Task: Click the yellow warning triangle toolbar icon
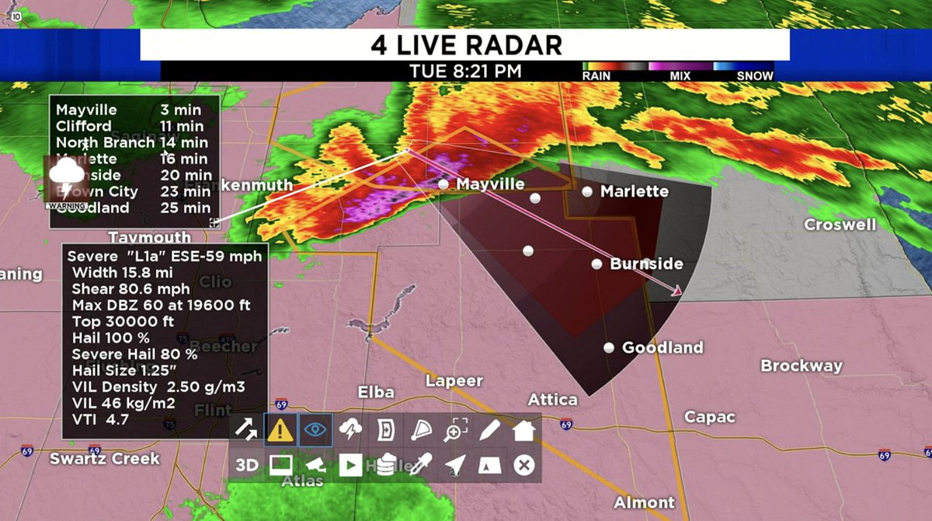tap(280, 429)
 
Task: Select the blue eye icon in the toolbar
tap(315, 429)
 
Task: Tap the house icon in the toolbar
tap(524, 429)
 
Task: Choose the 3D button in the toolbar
tap(247, 465)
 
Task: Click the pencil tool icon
tap(490, 429)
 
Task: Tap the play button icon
tap(350, 465)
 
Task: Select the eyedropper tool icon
tap(420, 465)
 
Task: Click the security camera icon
tap(315, 465)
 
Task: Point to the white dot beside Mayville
tap(443, 184)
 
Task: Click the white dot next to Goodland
tap(609, 348)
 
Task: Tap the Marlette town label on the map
tap(635, 191)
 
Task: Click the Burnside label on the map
tap(646, 264)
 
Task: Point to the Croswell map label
tap(840, 225)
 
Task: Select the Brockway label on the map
tap(801, 365)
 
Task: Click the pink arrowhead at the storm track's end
tap(677, 291)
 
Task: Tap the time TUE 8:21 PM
tap(465, 72)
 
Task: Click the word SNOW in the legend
tap(755, 76)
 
